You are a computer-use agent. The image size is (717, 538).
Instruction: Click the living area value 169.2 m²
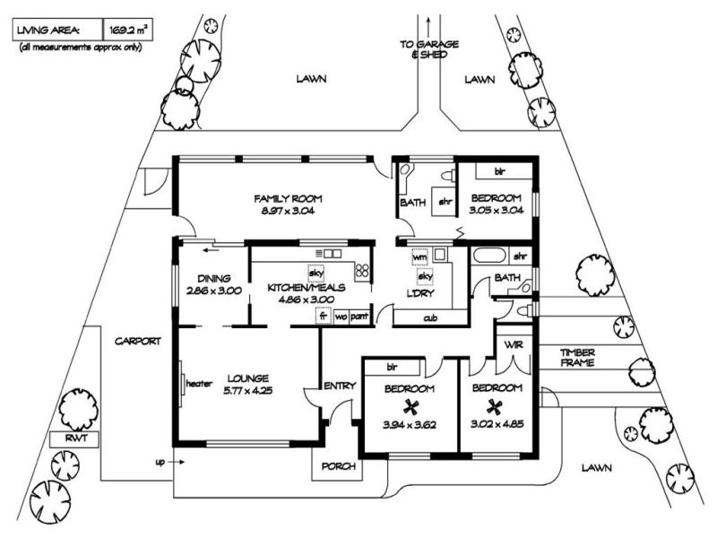pos(128,30)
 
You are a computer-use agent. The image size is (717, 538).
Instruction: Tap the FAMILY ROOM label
pos(288,198)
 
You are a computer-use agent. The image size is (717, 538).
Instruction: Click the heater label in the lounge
pos(197,384)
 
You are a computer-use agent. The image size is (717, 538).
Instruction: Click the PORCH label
pos(337,466)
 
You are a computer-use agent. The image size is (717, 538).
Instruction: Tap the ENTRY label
pos(341,386)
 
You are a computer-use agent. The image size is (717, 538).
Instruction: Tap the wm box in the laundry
pos(419,257)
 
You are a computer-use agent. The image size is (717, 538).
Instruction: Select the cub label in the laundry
pos(430,317)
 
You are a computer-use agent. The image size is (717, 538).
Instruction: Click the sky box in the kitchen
pos(315,273)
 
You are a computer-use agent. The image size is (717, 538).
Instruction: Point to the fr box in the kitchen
pos(321,317)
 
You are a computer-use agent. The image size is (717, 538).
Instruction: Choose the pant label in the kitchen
pos(358,317)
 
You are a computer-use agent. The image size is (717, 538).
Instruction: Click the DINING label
pos(214,278)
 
